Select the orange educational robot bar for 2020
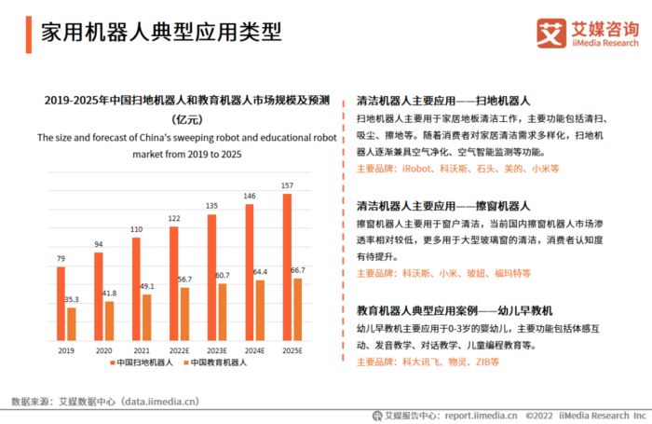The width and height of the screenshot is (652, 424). (109, 321)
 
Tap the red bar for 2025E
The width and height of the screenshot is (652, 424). (287, 267)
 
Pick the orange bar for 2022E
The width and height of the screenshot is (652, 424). (184, 314)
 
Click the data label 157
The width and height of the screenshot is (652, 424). (287, 186)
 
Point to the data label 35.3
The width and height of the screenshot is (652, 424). (72, 300)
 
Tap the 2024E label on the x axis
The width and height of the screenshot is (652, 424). (254, 350)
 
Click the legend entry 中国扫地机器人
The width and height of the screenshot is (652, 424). (145, 362)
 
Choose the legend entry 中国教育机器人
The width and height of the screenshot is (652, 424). (220, 362)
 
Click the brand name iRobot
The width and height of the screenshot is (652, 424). (418, 170)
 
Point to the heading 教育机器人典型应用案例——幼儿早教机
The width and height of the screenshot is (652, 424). (455, 308)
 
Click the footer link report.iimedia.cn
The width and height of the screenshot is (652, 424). (482, 415)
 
